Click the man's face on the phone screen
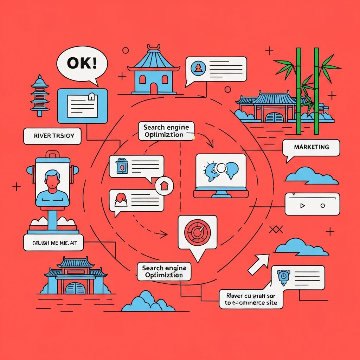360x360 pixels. [52, 180]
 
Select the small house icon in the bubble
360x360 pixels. [164, 185]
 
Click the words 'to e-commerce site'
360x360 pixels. [251, 303]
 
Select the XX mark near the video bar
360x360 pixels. [275, 230]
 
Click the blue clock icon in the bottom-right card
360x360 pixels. [283, 276]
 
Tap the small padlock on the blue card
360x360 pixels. [92, 96]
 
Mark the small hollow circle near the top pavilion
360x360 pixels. [228, 89]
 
